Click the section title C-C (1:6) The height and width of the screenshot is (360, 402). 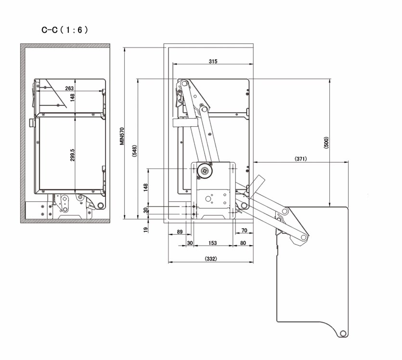click(x=65, y=30)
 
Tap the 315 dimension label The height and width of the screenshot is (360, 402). click(x=213, y=61)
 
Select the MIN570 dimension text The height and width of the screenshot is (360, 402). click(x=122, y=136)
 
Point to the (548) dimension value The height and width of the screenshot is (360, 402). click(x=135, y=151)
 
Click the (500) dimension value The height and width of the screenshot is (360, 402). click(x=326, y=143)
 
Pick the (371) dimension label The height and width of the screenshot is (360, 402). click(x=300, y=159)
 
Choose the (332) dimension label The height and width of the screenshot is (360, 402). click(x=211, y=259)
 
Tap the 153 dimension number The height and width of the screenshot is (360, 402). click(x=212, y=243)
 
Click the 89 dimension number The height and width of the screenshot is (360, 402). click(x=180, y=232)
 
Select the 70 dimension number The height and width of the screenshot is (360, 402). click(x=244, y=230)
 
